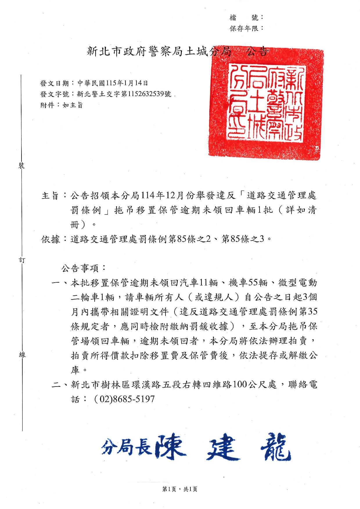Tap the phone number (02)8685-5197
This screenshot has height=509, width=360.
point(125,399)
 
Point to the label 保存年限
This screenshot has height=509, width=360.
point(246,28)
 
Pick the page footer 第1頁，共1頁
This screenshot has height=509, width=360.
point(180,489)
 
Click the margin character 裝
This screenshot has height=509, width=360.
point(22,166)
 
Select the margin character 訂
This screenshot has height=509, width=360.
point(22,260)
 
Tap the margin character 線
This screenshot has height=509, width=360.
point(22,354)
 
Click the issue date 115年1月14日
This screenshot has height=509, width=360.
point(127,83)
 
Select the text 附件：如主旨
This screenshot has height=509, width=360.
point(62,105)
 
